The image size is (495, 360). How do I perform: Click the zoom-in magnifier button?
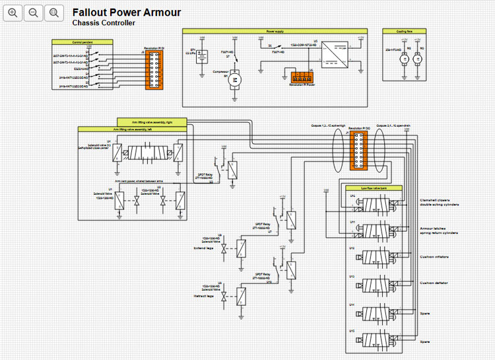(x=13, y=13)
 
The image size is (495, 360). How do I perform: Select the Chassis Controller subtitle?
(x=104, y=23)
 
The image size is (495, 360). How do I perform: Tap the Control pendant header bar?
(x=82, y=42)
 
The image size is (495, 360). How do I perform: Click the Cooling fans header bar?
(x=405, y=31)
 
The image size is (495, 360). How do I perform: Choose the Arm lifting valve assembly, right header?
(x=152, y=121)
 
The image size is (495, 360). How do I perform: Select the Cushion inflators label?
(x=434, y=257)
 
